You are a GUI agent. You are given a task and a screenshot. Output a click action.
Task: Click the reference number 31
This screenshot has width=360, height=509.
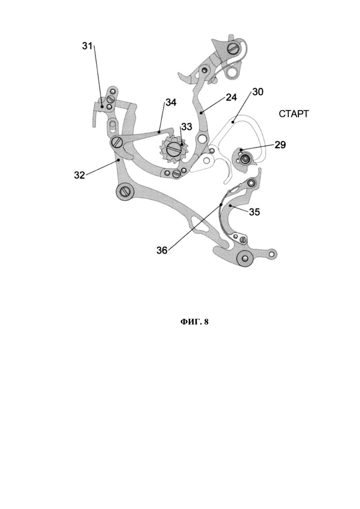(x=87, y=46)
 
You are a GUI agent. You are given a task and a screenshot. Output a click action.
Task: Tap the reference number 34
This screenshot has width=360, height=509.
(x=171, y=102)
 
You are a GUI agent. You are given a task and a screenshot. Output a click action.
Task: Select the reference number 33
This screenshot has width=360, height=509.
(x=186, y=126)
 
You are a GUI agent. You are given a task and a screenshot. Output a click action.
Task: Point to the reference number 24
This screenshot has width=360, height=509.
(x=231, y=97)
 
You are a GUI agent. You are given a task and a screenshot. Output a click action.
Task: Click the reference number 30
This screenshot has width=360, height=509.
(x=258, y=92)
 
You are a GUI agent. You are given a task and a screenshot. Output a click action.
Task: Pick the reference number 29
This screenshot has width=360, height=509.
(x=280, y=144)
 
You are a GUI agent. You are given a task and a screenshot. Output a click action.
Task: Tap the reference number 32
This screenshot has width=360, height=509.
(x=79, y=175)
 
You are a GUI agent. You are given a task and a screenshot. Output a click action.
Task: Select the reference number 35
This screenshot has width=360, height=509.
(x=254, y=212)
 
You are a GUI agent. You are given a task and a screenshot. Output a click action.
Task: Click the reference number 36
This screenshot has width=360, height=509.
(x=162, y=250)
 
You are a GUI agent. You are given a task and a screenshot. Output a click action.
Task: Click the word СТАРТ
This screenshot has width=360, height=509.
(x=294, y=114)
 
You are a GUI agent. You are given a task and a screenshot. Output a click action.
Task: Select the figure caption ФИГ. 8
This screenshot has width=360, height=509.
(x=194, y=322)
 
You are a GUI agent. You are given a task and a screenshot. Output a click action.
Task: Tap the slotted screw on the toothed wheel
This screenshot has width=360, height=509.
(x=174, y=150)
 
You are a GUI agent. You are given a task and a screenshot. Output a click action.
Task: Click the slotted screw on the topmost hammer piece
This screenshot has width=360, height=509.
(x=234, y=49)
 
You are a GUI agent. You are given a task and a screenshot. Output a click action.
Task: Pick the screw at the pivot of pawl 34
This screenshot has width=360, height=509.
(x=117, y=142)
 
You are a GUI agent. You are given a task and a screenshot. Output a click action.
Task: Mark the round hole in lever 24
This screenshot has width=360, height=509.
(x=203, y=139)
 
